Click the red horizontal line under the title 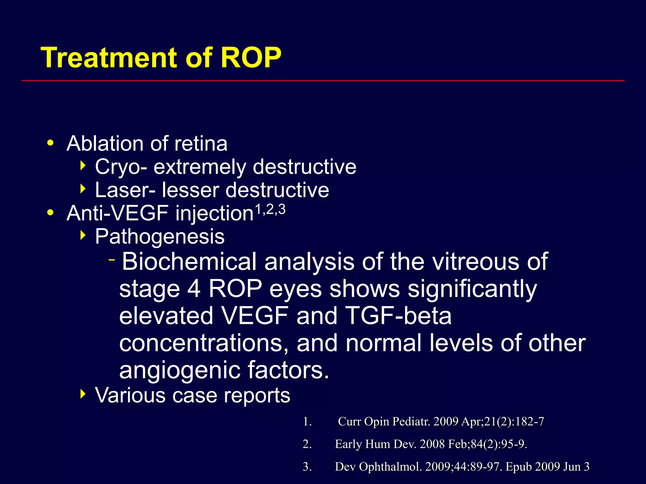click(323, 81)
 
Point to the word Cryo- click(121, 167)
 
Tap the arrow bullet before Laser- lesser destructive click(83, 189)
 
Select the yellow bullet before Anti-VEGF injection click(50, 213)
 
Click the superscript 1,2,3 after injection click(270, 209)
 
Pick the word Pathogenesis click(160, 236)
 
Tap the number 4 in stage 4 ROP click(194, 289)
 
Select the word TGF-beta click(398, 316)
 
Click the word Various click(130, 395)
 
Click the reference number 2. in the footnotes click(307, 444)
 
